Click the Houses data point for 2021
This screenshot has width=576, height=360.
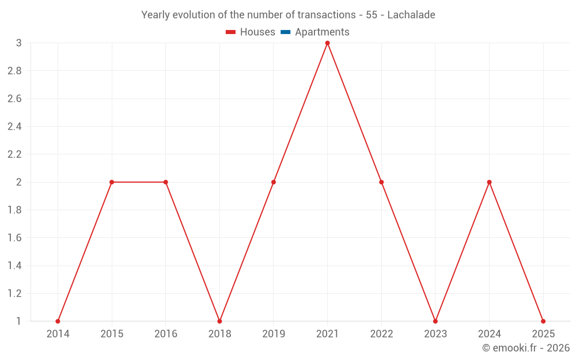327,43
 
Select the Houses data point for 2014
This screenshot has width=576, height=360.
58,321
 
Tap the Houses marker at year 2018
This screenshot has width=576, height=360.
219,321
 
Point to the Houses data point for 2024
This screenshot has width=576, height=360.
489,182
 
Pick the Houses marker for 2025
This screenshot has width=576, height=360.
543,321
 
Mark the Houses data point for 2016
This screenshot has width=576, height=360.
166,182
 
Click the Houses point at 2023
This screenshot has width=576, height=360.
435,321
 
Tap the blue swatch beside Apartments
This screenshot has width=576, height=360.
285,32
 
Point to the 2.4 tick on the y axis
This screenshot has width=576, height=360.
14,127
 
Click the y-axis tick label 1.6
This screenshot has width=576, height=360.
14,238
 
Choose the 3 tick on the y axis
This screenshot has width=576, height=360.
18,43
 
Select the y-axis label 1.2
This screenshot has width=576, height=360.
14,294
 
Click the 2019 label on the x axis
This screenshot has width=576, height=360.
274,334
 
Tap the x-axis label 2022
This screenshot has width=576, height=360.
381,334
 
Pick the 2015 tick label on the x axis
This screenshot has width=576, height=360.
112,334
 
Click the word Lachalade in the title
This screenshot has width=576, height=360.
411,15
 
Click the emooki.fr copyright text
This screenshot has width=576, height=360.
526,348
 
